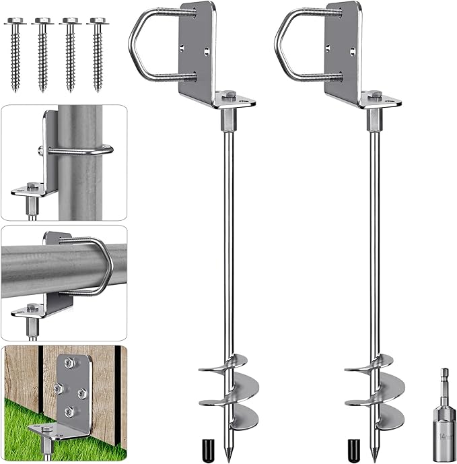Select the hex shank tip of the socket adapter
pyautogui.click(x=444, y=376)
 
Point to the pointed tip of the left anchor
pyautogui.click(x=227, y=461)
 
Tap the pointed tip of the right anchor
pyautogui.click(x=374, y=461)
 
